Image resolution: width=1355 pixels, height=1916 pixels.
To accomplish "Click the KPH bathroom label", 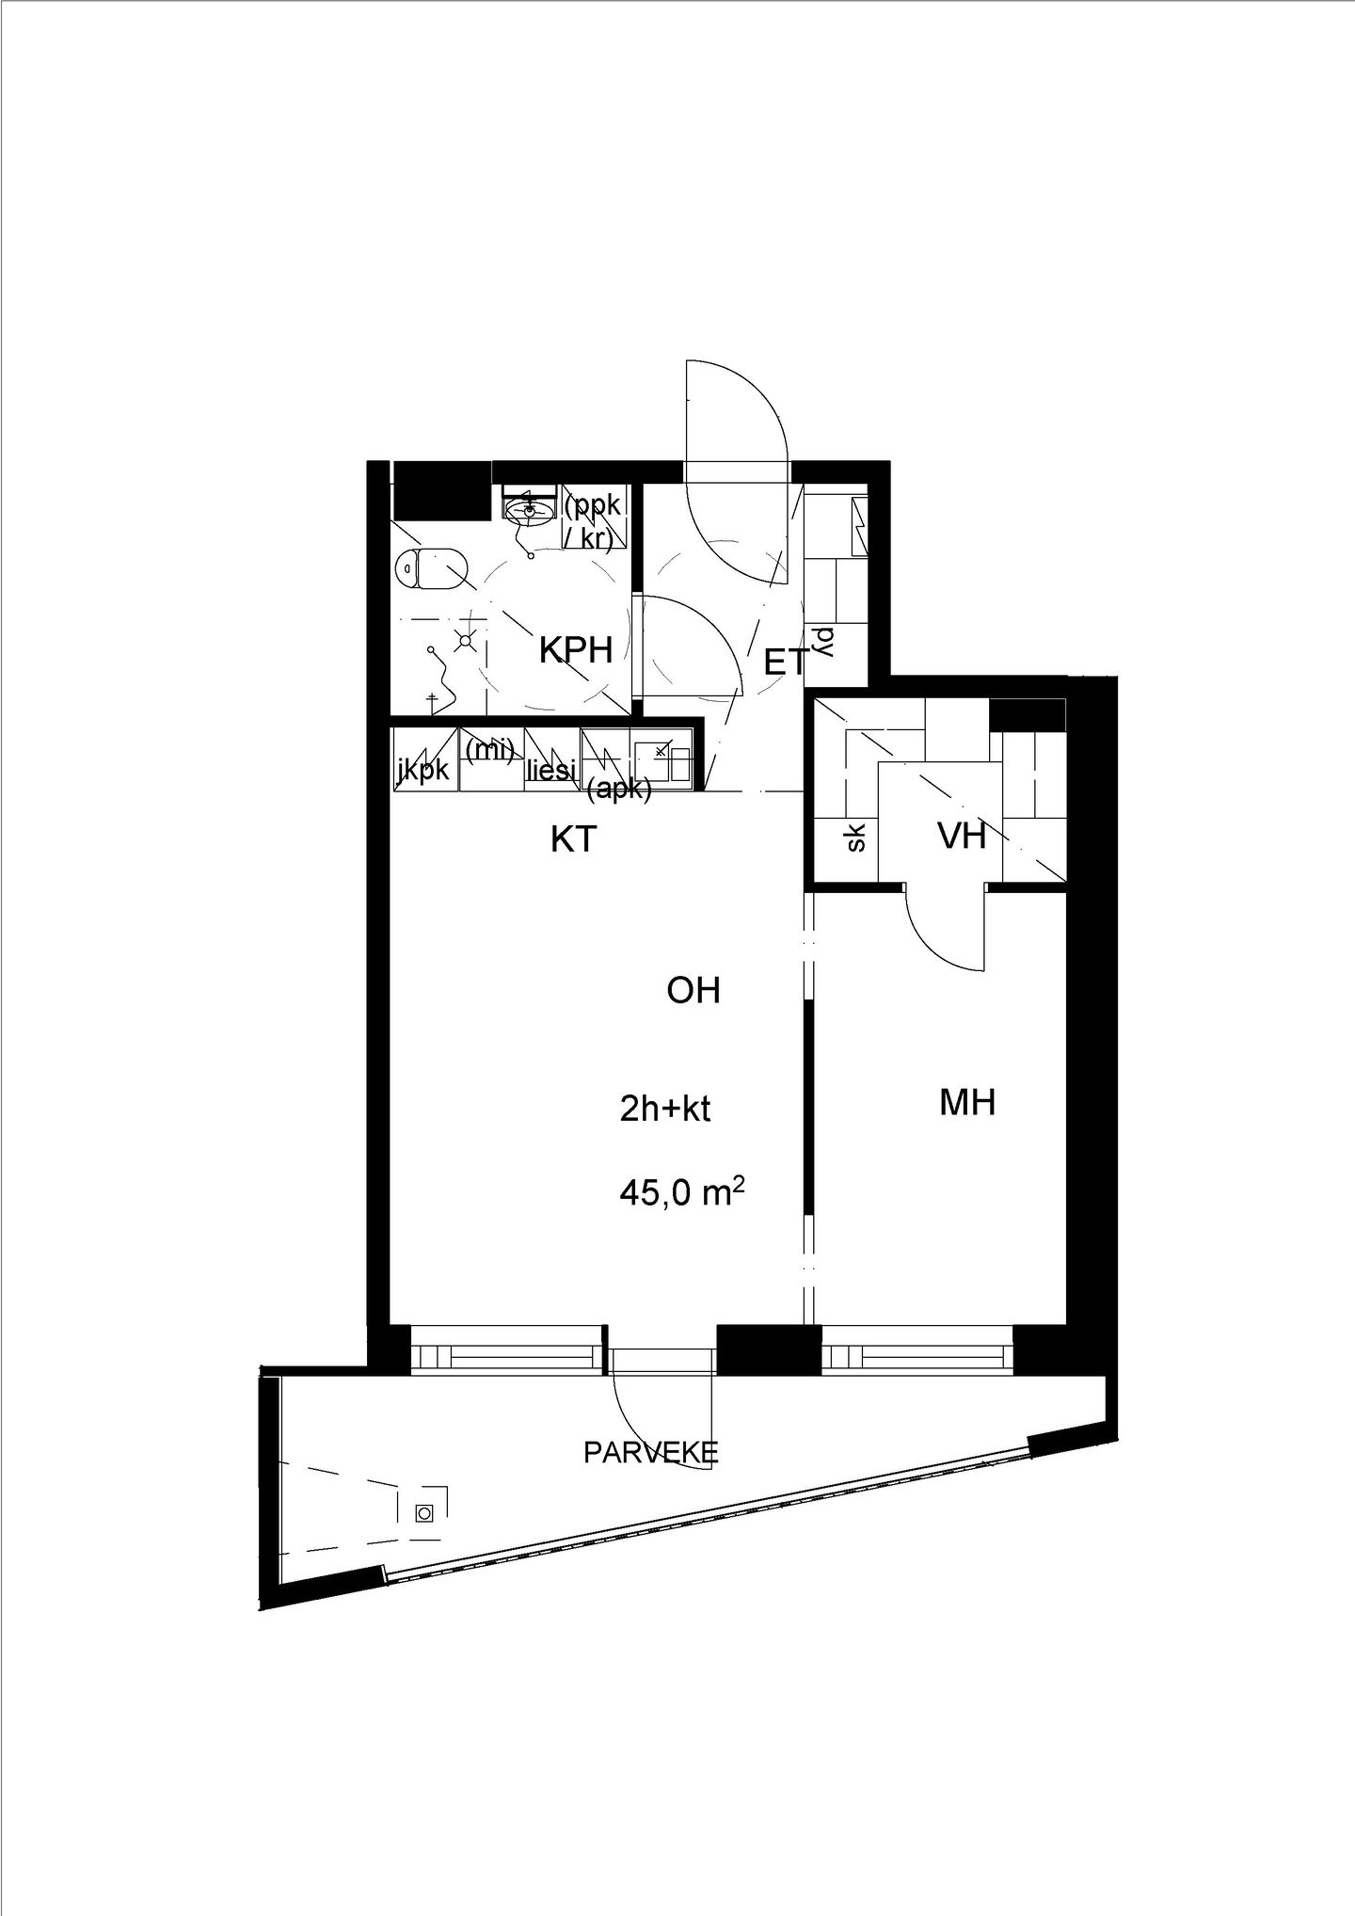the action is (x=576, y=649).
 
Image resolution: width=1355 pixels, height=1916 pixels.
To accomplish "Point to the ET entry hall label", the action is (x=785, y=663).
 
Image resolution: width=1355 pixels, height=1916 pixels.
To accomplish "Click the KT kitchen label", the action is (x=574, y=839).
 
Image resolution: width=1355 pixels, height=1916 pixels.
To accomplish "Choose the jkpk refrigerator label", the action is (x=423, y=769).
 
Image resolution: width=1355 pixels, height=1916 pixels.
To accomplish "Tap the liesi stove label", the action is (x=551, y=771).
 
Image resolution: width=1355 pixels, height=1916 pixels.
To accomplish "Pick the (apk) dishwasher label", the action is (x=618, y=790).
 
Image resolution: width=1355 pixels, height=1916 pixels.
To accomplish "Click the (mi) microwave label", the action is (x=489, y=750).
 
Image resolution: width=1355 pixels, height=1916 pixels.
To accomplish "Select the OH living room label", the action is (x=693, y=990).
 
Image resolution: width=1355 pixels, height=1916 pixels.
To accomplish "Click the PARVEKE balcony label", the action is (x=651, y=1452).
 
